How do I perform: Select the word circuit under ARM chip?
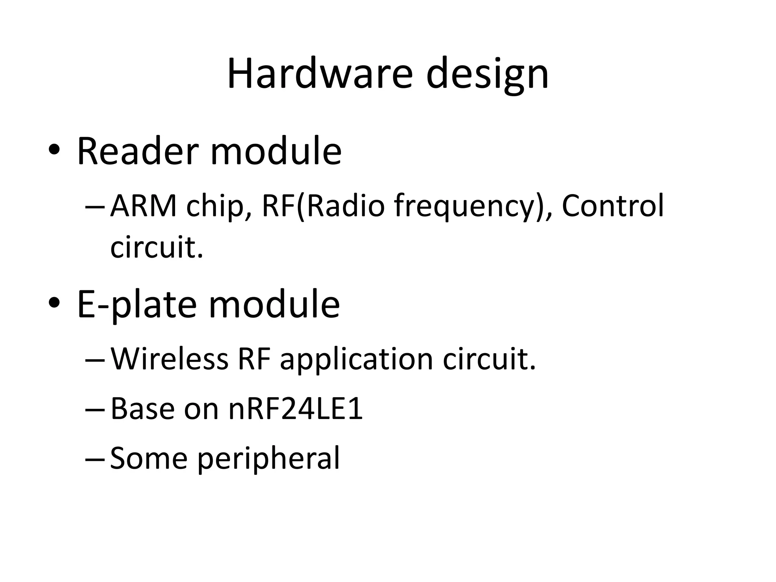[x=156, y=247]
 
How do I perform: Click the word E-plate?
[x=137, y=305]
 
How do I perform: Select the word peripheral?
[x=269, y=459]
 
